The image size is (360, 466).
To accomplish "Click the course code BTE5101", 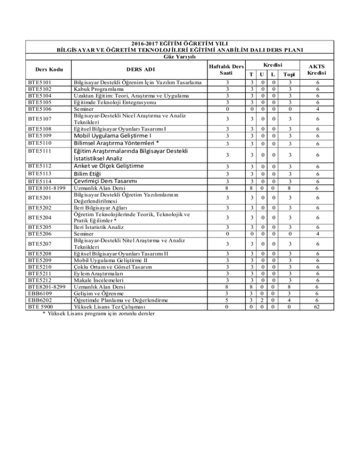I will tap(39, 83).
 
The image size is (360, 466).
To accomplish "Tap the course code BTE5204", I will tap(39, 218).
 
